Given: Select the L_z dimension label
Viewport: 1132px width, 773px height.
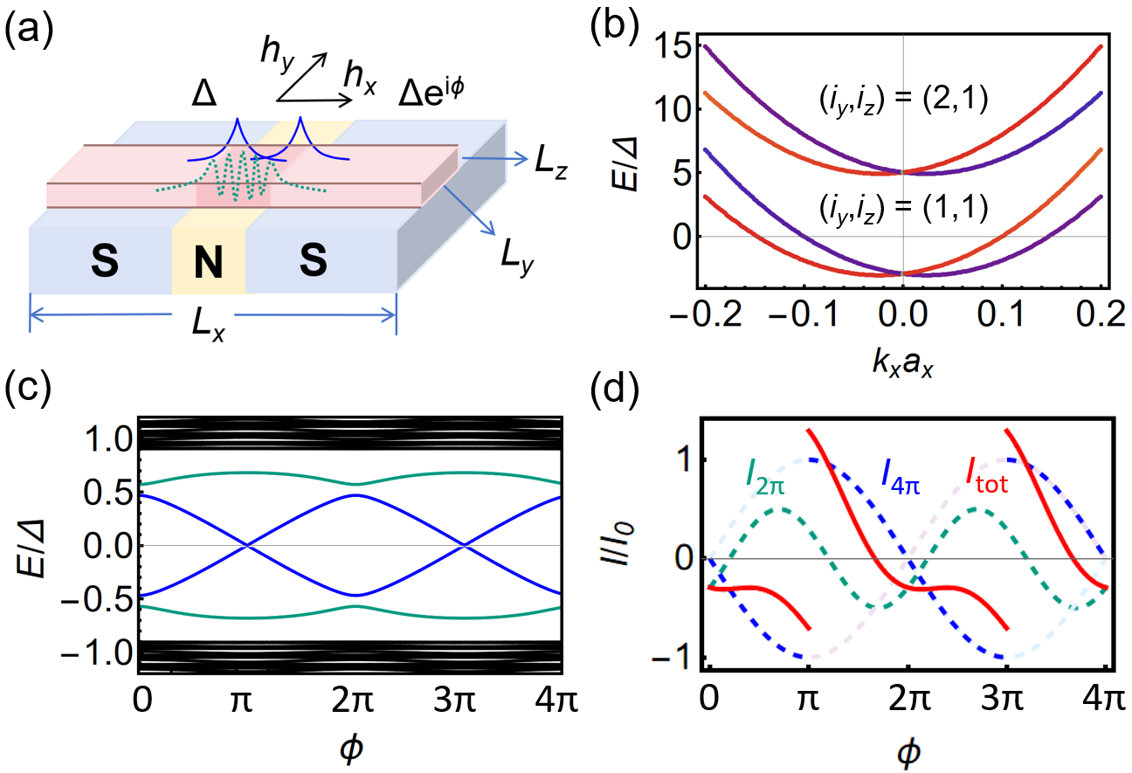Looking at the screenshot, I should click(x=552, y=169).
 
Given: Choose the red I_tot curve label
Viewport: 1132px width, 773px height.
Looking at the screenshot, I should click(x=985, y=478).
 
